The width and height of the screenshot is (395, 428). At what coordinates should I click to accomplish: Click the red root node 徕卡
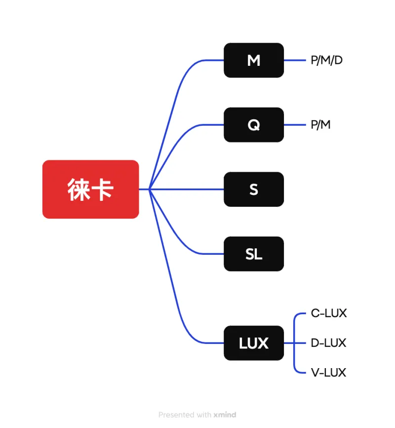(x=90, y=189)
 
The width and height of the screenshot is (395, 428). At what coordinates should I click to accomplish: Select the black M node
(x=254, y=60)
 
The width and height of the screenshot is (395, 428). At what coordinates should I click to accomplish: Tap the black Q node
(x=254, y=125)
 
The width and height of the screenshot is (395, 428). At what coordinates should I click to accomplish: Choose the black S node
(x=254, y=189)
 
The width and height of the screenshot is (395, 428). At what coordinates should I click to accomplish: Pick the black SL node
(x=254, y=254)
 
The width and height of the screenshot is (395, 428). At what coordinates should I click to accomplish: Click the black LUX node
(x=254, y=343)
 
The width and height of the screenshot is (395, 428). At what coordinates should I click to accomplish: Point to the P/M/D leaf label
(x=326, y=60)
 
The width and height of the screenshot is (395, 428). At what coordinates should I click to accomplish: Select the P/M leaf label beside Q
(x=320, y=125)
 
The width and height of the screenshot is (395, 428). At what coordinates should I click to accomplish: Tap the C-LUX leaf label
(x=329, y=313)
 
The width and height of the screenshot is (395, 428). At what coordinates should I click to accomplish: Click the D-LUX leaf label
(x=329, y=343)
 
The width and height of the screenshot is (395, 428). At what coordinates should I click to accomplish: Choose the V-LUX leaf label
(x=329, y=373)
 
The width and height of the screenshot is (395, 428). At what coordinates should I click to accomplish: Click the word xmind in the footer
(x=225, y=415)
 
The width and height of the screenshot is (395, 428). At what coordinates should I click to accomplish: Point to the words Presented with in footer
(x=185, y=415)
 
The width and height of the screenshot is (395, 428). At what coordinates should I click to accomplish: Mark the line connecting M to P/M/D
(x=295, y=60)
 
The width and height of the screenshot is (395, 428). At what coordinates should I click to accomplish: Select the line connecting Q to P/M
(x=295, y=125)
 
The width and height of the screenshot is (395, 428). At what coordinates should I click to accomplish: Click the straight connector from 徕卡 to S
(x=188, y=189)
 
